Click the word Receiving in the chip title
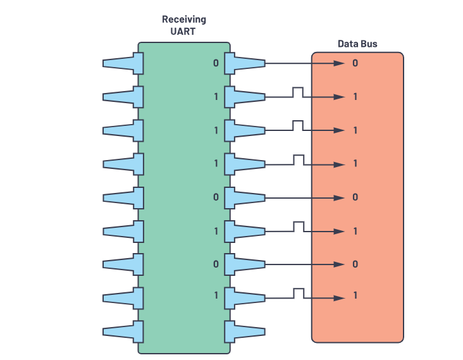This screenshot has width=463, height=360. pos(183,20)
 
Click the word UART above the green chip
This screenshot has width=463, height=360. pos(183,31)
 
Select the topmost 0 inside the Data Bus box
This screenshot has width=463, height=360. pos(355,63)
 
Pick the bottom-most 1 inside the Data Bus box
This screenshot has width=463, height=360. pos(355,295)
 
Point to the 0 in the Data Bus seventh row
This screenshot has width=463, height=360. pos(355,264)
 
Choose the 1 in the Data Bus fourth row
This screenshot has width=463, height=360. pos(355,163)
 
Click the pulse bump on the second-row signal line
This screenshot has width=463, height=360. pos(297,92)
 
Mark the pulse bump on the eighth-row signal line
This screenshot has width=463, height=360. pos(297,292)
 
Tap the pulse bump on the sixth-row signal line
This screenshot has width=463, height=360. pos(297,226)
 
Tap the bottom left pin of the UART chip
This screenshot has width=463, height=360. pos(122,331)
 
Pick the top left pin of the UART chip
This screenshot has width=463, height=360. pos(122,63)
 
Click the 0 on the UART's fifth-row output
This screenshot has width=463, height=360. pos(216,197)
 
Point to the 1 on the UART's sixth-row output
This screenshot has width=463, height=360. pos(216,231)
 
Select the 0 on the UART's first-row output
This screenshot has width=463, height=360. pos(216,63)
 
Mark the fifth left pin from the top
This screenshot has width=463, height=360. pos(122,197)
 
